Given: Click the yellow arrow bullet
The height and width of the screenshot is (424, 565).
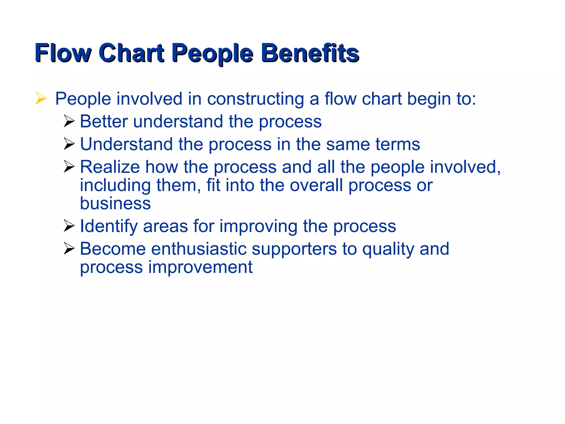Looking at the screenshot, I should point(41,99).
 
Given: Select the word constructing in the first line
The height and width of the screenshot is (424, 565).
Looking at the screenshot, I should point(255,99).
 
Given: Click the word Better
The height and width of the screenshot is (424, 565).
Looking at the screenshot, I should point(104,121).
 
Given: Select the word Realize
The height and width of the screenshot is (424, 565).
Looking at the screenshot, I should point(110,167).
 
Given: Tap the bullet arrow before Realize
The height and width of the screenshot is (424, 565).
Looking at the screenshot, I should point(69,166).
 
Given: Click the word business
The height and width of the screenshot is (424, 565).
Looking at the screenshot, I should point(115,203).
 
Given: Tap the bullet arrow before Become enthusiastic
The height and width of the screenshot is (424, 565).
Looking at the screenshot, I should point(69,248).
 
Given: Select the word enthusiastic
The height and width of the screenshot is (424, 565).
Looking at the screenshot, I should point(199,249).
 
